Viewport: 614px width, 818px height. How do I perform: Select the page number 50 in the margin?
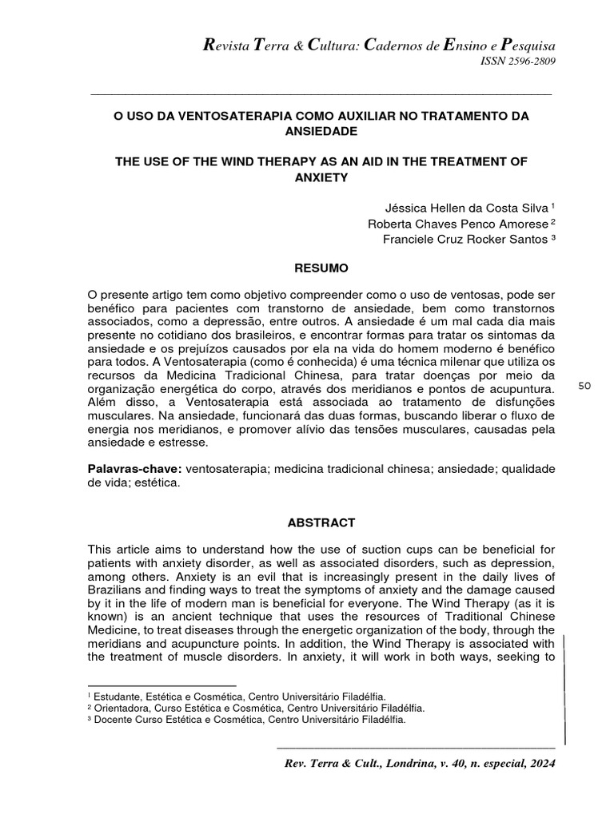(x=584, y=386)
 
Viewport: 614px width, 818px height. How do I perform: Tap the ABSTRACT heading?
(x=320, y=522)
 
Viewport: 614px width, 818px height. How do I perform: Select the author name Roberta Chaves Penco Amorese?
(x=457, y=223)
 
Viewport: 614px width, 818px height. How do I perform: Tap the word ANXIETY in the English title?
(x=320, y=177)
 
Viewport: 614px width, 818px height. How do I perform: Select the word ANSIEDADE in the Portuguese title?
(x=320, y=130)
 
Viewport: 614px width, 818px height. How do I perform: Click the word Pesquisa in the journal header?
(x=525, y=45)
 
